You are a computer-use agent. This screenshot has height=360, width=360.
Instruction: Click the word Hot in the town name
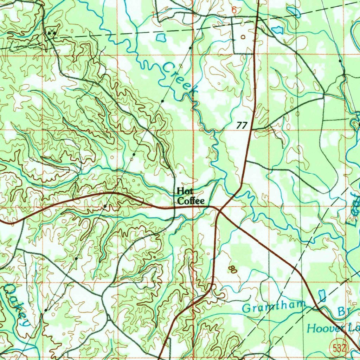coord(183,191)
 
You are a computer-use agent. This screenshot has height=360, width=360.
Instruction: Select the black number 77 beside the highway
coord(242,125)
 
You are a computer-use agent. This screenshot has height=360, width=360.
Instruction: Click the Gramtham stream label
coord(273,308)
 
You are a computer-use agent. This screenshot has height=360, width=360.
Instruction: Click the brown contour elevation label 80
coord(232,270)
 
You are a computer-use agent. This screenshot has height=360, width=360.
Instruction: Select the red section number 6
coord(234,11)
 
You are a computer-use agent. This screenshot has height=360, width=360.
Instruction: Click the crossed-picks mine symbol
coord(52,33)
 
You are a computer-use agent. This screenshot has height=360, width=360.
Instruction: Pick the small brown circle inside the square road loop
coord(243,37)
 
